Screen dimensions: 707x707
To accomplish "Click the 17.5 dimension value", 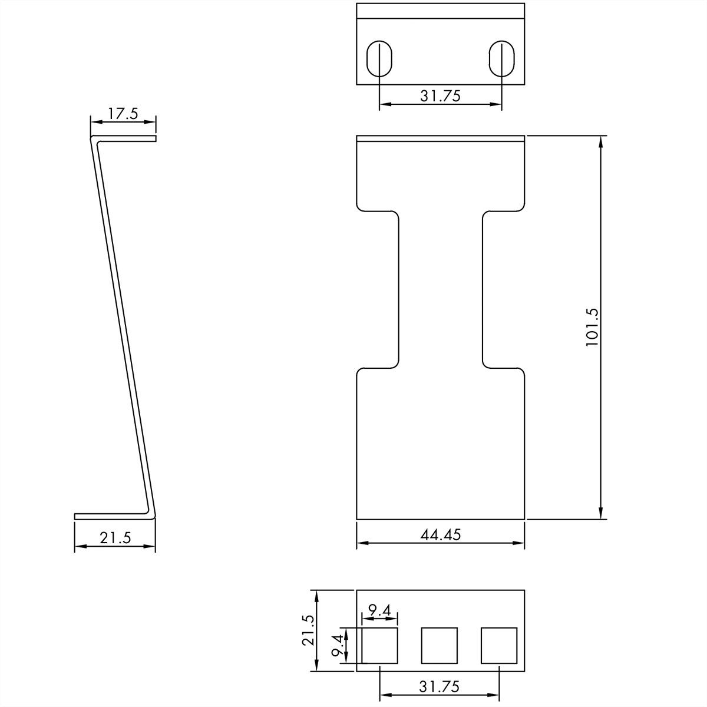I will click(x=123, y=114).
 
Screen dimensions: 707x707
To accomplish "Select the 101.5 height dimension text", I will click(x=592, y=328).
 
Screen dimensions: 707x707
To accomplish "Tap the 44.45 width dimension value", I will click(x=441, y=534).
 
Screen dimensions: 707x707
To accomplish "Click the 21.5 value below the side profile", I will click(x=115, y=537).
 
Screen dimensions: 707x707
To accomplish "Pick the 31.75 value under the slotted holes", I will click(x=440, y=96).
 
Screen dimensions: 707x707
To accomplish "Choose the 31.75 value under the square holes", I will click(x=439, y=686).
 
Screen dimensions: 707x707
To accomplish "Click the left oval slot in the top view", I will click(x=379, y=59).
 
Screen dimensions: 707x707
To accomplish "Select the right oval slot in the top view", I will click(x=501, y=59).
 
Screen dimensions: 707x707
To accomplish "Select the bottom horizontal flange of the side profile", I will click(x=112, y=516).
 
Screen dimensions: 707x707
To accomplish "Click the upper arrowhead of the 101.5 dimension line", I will click(x=601, y=141).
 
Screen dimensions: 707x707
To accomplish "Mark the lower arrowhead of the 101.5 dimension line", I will click(x=601, y=514).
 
